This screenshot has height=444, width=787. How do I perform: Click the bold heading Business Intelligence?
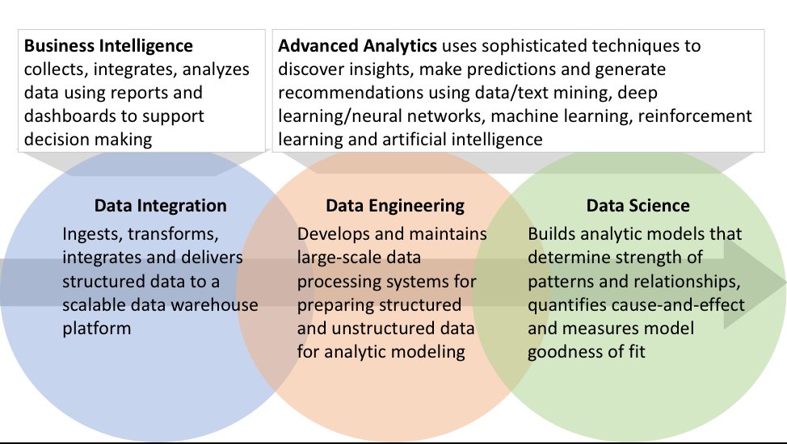[x=108, y=46]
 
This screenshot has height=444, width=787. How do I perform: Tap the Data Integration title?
[x=160, y=206]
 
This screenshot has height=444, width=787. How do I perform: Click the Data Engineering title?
[x=394, y=206]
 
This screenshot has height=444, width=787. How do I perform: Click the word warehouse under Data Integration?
[x=219, y=305]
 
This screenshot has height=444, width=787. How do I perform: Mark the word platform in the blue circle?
[x=95, y=329]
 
